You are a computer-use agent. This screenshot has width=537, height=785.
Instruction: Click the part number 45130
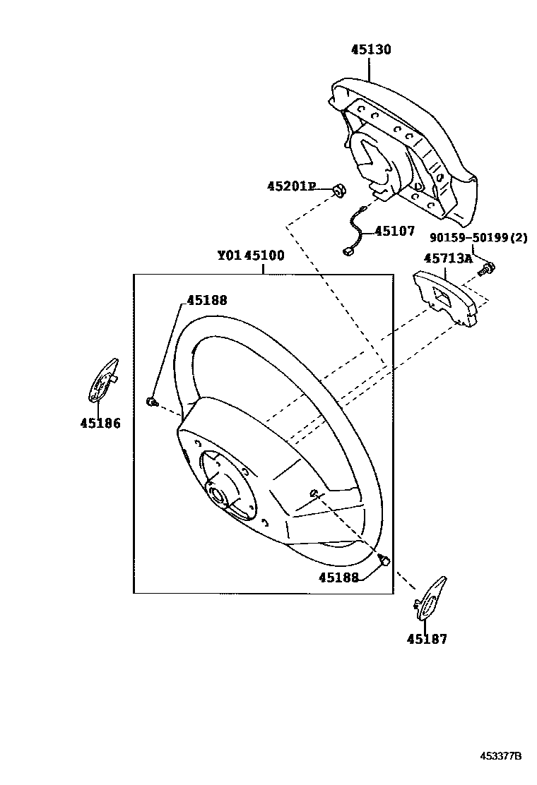[x=371, y=50]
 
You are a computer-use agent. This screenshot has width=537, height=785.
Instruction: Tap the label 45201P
[x=290, y=186]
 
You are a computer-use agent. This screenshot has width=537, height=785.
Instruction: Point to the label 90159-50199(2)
[x=479, y=238]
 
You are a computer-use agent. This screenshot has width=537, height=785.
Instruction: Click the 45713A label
[x=447, y=258]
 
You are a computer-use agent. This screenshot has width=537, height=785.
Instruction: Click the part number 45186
[x=100, y=424]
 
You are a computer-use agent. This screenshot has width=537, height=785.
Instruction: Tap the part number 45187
[x=426, y=639]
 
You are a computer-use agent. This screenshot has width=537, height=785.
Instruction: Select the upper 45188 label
[x=207, y=300]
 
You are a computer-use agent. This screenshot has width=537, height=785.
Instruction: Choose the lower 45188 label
[x=338, y=577]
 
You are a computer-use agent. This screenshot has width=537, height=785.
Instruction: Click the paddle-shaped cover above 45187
[x=428, y=599]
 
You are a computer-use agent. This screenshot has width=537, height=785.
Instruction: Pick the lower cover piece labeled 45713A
[x=445, y=299]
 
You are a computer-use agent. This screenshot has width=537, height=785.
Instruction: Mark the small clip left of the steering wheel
[x=151, y=402]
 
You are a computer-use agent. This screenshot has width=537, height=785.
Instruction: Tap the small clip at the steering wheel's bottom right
[x=384, y=561]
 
